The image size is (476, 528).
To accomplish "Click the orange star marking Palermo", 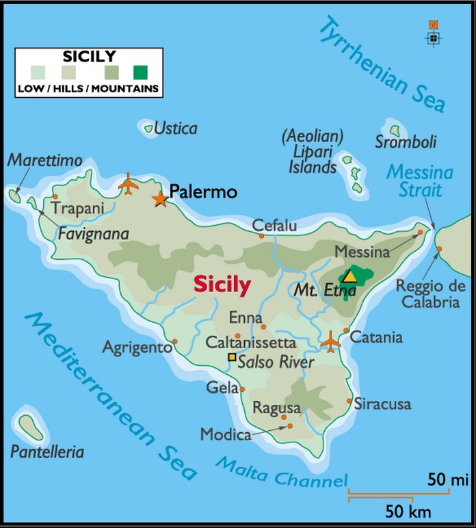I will [x=160, y=199].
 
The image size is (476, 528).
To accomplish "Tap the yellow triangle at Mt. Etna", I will [x=349, y=276].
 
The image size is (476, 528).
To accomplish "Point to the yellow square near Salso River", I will [x=232, y=357].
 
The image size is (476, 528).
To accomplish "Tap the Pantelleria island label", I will [x=47, y=452].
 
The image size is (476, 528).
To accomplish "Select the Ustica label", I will [x=175, y=128].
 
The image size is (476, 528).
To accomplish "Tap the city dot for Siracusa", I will [x=349, y=401].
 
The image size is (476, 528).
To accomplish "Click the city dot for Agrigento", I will [x=175, y=341].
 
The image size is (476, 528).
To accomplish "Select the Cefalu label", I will [x=274, y=225].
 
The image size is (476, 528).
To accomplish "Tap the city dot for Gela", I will [x=242, y=389].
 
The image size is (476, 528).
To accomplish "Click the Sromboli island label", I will [x=406, y=142].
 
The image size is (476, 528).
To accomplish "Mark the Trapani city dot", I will [x=55, y=196].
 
